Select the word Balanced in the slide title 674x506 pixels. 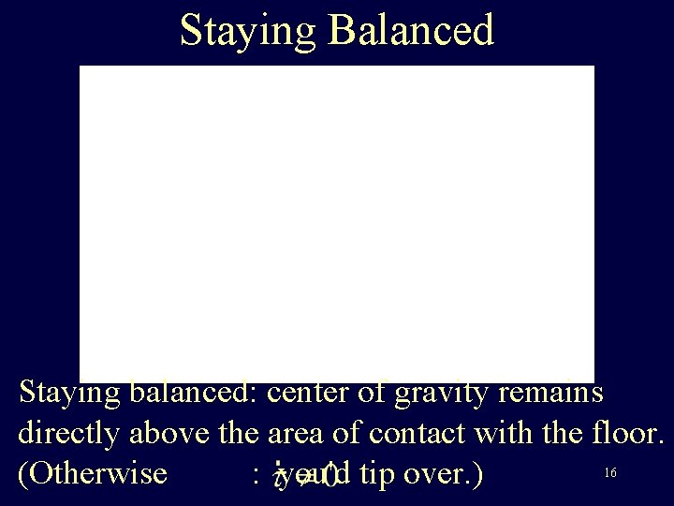pos(411,30)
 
